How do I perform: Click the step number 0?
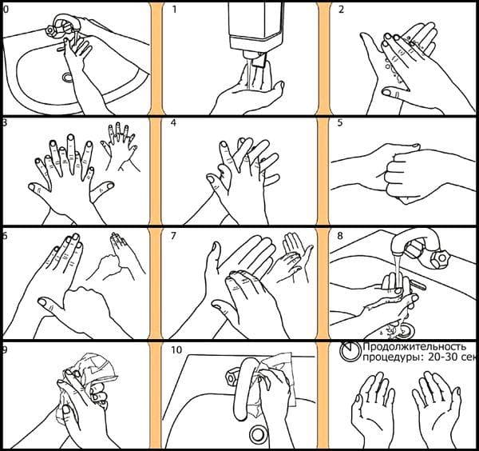point(5,10)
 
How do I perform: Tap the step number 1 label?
point(176,10)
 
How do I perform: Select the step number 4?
point(175,124)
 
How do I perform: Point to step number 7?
point(175,237)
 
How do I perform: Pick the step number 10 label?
point(177,349)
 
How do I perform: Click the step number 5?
point(341,124)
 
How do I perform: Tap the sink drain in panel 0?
point(66,77)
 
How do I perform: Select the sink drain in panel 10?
point(258,434)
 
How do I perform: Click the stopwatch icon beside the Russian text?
point(350,350)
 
